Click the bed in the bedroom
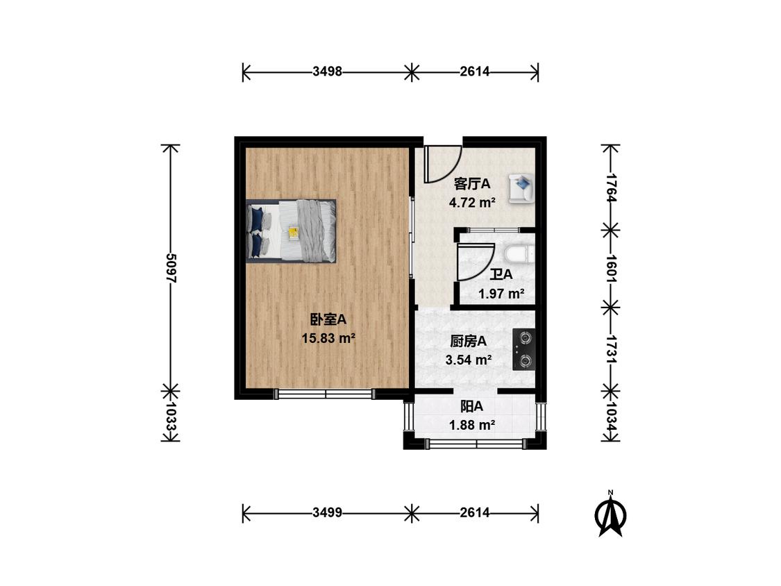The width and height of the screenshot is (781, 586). (292, 231)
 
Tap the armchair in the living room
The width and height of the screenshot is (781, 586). (521, 188)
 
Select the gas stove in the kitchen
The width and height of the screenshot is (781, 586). (524, 349)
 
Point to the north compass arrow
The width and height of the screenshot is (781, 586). (611, 514)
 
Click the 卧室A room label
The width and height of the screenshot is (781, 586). (328, 319)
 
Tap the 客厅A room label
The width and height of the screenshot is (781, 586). (472, 184)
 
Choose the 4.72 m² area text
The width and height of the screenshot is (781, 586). (472, 203)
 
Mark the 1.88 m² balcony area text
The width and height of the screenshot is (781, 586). (472, 426)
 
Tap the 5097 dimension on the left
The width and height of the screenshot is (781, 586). (171, 267)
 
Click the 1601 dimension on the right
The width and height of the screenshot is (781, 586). (610, 267)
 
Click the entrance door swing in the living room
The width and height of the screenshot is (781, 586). (441, 164)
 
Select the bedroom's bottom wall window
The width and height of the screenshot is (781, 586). (325, 394)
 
